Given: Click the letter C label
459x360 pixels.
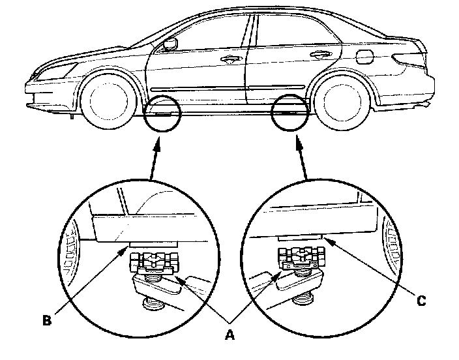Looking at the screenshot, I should coord(421,301).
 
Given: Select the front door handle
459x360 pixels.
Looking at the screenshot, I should coord(228,59).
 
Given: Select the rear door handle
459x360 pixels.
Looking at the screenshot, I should coord(319,55).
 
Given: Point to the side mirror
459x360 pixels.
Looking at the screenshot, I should coord(171,44).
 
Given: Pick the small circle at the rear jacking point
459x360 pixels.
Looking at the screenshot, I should coord(289,113).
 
